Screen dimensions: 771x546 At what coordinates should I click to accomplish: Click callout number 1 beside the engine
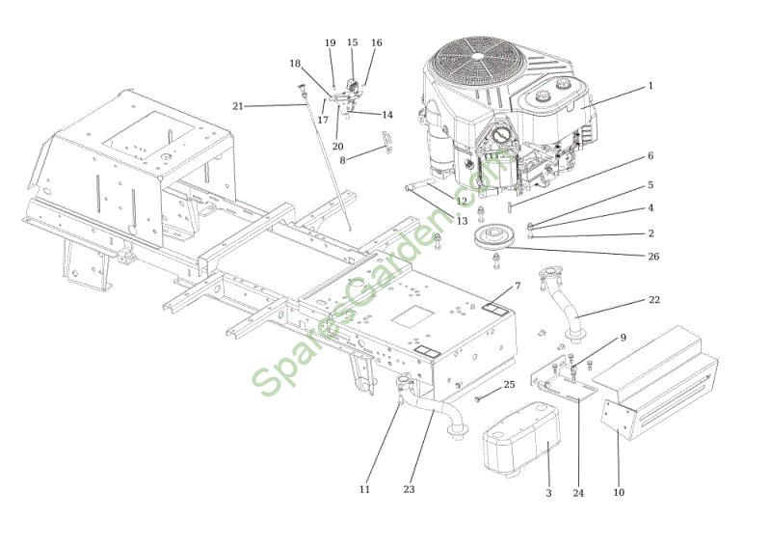651,86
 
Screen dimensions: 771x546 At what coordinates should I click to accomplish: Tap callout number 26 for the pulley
653,257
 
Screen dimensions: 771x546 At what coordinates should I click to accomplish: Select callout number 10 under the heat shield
619,492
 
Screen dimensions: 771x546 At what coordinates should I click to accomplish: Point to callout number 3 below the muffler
548,493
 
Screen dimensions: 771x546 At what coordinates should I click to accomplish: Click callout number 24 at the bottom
578,493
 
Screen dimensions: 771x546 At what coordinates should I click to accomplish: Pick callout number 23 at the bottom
409,489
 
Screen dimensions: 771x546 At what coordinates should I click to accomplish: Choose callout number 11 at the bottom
364,489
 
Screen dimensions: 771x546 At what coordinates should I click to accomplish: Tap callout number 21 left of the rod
238,106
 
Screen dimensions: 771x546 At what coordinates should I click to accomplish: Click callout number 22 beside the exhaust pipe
654,300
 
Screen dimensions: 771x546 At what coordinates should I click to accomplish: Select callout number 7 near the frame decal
518,287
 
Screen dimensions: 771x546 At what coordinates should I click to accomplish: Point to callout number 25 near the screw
510,384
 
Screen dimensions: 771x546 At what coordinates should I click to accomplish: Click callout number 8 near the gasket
343,160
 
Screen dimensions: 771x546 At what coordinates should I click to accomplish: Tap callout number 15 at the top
353,42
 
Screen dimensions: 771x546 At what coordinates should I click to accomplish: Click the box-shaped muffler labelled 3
522,438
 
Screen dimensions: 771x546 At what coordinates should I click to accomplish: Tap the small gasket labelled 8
388,143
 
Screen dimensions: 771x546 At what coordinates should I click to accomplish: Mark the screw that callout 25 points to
478,398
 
